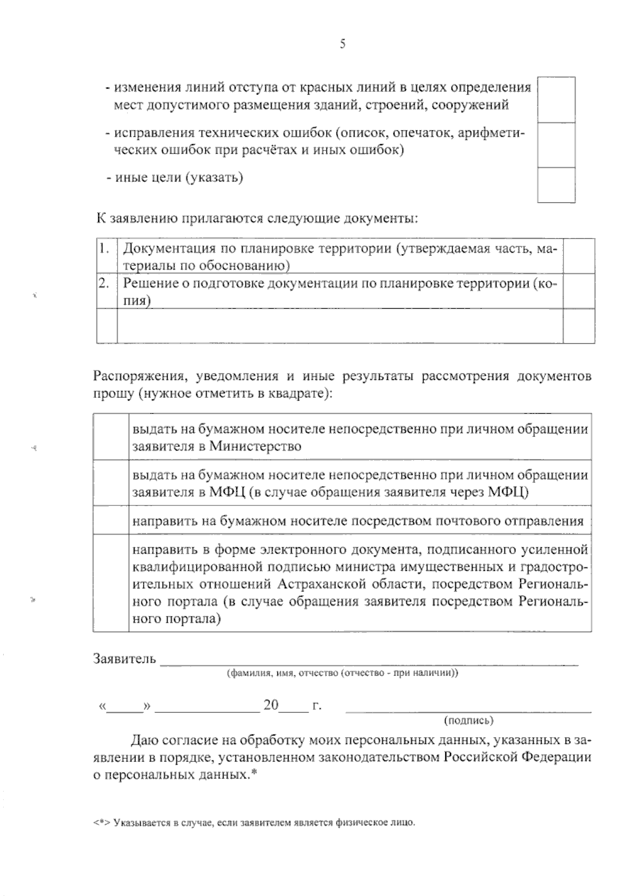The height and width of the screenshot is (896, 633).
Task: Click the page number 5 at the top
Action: (x=342, y=44)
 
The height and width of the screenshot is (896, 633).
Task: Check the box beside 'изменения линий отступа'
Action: (x=556, y=99)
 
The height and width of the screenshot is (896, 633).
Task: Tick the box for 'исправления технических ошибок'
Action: (x=556, y=145)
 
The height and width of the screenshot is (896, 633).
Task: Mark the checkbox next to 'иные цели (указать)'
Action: (x=556, y=185)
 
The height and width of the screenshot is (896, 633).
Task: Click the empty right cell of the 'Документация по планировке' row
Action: (x=579, y=256)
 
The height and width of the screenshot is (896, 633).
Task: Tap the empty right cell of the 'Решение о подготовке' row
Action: (x=579, y=291)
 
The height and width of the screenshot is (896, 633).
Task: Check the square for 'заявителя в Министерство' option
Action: (x=111, y=437)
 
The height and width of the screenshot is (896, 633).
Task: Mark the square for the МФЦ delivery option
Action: (x=111, y=483)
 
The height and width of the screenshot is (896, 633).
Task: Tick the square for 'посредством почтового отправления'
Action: (x=111, y=520)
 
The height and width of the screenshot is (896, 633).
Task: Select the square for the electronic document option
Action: (x=111, y=583)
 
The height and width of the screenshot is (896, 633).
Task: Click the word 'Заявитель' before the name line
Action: (x=124, y=659)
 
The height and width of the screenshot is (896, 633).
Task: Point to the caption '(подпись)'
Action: (x=469, y=720)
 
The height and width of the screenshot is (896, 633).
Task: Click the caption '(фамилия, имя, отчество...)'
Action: (x=342, y=673)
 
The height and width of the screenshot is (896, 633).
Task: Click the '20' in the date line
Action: (x=271, y=705)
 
